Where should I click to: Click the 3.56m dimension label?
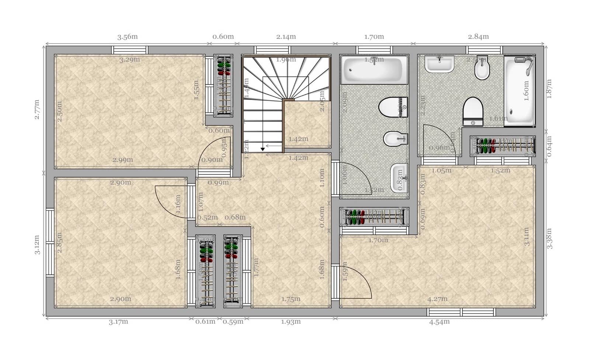point(127,36)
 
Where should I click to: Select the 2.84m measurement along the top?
point(478,36)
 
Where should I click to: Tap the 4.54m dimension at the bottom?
point(439,321)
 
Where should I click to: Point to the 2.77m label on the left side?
point(37,109)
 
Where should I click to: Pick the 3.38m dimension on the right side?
point(549,239)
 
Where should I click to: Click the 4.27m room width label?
point(437,299)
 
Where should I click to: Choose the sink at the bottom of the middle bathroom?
point(399,178)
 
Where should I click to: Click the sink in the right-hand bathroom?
point(439,64)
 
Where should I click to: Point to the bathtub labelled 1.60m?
point(519,91)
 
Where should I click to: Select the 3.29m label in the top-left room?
point(129,59)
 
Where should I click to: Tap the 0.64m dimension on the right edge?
point(549,146)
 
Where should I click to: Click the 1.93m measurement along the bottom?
point(291,321)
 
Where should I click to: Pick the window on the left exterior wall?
point(50,243)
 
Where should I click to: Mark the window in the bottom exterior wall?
point(461,312)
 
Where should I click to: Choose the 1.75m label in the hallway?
point(291,299)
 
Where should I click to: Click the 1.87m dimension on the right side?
point(549,89)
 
